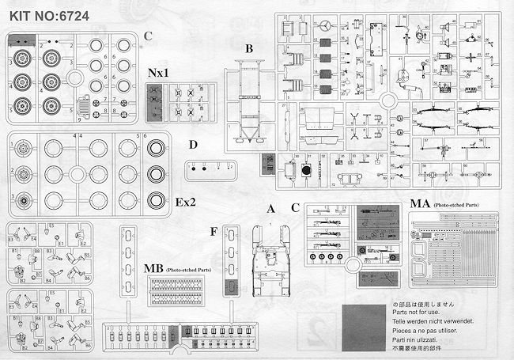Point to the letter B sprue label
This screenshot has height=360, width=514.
point(248,49)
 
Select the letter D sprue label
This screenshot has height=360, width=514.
point(193,144)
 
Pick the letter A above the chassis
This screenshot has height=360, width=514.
point(270,209)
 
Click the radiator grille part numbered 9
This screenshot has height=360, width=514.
point(86,109)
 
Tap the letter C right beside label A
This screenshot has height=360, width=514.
point(295,209)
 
